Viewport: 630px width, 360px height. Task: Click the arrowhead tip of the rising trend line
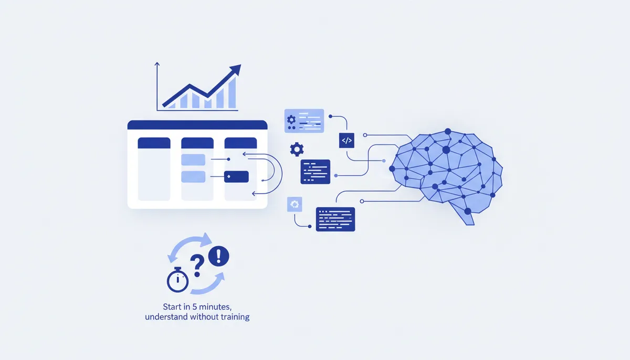pos(240,65)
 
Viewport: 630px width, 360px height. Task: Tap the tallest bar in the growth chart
pos(232,93)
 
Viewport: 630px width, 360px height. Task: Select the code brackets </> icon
pos(346,141)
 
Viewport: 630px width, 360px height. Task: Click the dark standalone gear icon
pos(297,149)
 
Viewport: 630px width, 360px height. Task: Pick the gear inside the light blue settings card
pos(291,120)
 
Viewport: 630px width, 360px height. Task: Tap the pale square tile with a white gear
pos(295,204)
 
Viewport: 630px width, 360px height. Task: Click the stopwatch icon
pos(177,279)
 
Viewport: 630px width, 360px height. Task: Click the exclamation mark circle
pos(218,256)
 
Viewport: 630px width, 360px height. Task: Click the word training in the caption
pos(235,317)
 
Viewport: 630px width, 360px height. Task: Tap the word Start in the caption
pos(171,306)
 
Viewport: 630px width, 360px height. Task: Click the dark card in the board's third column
pos(236,176)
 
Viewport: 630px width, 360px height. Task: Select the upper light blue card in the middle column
pos(193,160)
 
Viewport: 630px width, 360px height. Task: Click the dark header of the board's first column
pos(154,143)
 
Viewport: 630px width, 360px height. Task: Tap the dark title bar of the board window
pos(197,125)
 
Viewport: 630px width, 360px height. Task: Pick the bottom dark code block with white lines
pos(335,219)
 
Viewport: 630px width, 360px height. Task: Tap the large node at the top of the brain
pos(448,131)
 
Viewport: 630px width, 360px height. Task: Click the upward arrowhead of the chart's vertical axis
pos(157,64)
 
